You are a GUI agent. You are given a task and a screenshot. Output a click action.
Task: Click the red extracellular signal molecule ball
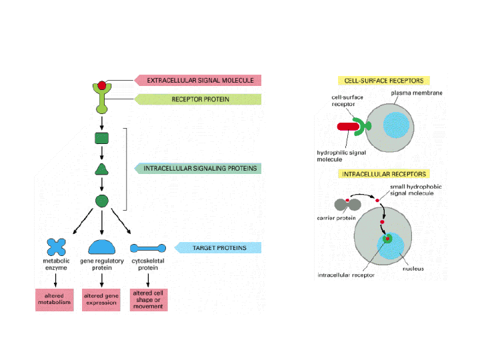[101, 86]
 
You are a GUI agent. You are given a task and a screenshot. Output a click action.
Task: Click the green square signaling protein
[102, 139]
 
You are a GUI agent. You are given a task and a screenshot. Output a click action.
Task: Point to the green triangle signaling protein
[101, 169]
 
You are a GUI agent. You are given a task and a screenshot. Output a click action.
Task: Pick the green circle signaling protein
[102, 199]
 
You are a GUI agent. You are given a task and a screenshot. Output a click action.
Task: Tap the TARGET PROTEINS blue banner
[219, 248]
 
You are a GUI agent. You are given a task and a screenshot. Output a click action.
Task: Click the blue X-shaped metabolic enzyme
[58, 246]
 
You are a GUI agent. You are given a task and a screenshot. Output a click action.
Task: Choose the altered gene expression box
[101, 299]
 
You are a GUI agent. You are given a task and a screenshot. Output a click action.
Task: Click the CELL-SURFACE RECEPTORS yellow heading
[383, 80]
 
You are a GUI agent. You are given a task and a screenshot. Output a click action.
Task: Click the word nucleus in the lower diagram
[414, 269]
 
